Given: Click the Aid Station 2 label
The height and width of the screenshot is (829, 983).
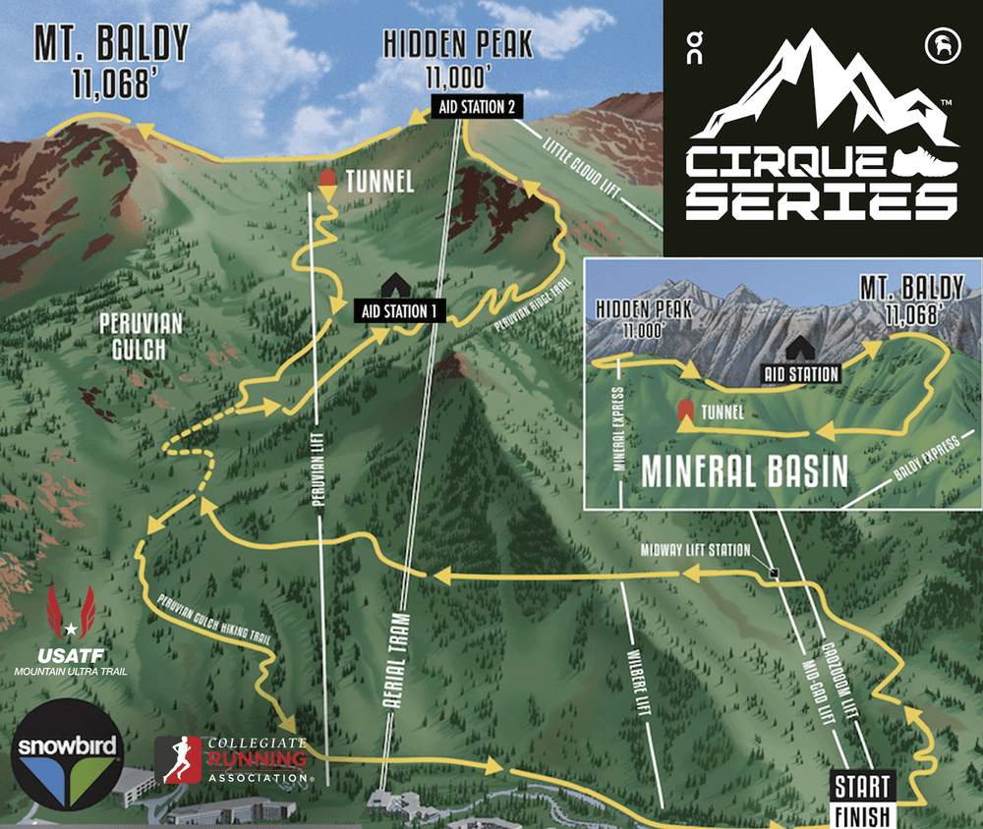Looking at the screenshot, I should pos(475,107).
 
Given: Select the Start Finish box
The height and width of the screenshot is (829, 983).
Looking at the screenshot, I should pos(862,800).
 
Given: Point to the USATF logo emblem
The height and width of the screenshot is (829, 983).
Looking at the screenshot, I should pos(70,615).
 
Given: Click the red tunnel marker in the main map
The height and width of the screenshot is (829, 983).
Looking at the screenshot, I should pos(327,182).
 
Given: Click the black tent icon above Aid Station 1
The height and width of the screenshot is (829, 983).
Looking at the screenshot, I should pos(396,285).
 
